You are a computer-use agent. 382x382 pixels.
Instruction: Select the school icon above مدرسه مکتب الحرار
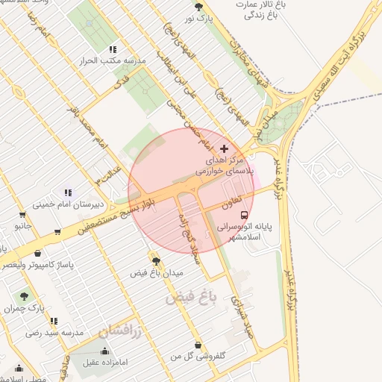tap(113, 49)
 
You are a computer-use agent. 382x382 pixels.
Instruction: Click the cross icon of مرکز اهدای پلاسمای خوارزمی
tap(224, 148)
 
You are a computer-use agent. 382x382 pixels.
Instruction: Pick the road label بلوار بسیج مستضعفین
tap(115, 219)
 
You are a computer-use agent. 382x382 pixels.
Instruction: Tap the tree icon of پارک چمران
tap(25, 296)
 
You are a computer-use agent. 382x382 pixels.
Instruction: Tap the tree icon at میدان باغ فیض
tap(156, 260)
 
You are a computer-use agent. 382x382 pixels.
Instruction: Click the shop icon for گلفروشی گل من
tap(198, 345)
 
